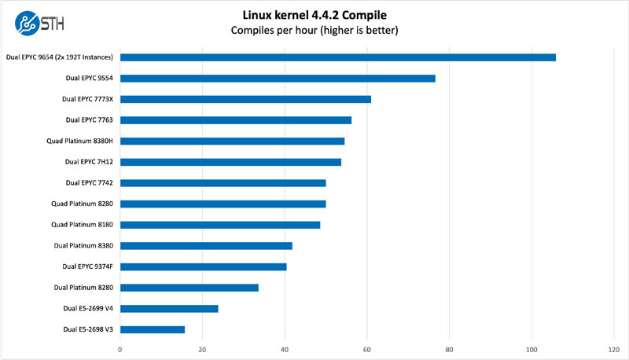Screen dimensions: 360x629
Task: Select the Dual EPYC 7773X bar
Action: pos(245,99)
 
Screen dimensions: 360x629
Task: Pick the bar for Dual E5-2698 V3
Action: pos(153,329)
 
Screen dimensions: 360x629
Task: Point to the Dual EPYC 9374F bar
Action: pos(203,266)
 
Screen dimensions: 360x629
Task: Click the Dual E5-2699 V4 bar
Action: pos(169,309)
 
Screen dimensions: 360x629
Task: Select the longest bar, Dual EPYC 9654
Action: pos(338,57)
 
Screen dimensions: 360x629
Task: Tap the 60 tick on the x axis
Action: pos(367,348)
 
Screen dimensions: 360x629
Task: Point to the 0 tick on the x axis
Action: pos(120,348)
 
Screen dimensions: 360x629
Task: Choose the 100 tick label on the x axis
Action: pos(532,348)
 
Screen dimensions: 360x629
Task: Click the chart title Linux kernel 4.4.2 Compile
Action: pos(314,14)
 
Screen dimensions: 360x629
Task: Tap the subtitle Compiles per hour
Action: pos(314,31)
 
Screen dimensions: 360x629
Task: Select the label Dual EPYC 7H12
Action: pos(89,162)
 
